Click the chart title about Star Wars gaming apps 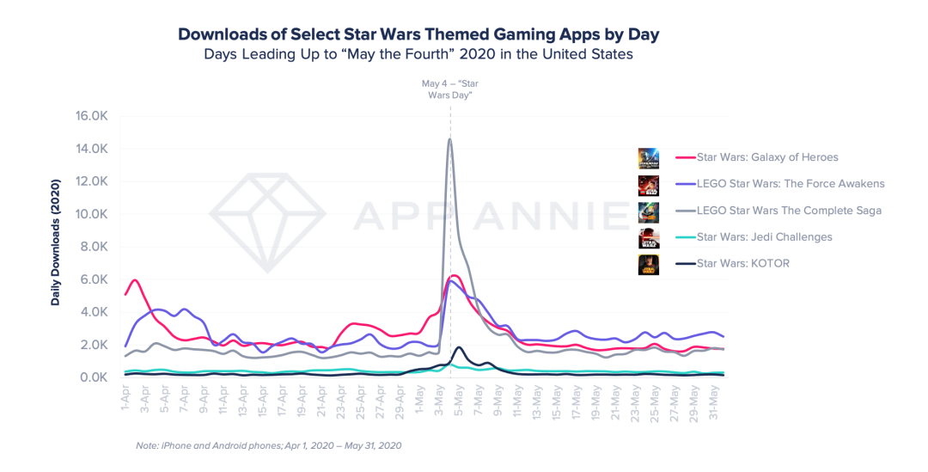[x=418, y=34]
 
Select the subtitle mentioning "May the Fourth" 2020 [x=418, y=54]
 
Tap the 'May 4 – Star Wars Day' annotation [x=449, y=89]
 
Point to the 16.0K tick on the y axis [x=91, y=116]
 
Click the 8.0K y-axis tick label [x=92, y=247]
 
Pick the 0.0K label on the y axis [x=92, y=377]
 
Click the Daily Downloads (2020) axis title [x=56, y=242]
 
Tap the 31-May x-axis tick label [x=714, y=402]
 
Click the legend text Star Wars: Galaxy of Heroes [x=767, y=157]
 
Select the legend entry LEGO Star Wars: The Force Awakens [x=791, y=184]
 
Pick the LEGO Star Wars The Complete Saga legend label [x=789, y=211]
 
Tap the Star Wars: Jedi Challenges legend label [x=764, y=237]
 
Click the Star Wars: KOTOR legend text [x=742, y=264]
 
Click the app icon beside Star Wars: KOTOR [x=649, y=264]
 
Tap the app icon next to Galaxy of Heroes [x=649, y=158]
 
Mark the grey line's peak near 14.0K [x=449, y=139]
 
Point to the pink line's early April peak [x=135, y=280]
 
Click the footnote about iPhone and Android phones [x=269, y=445]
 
